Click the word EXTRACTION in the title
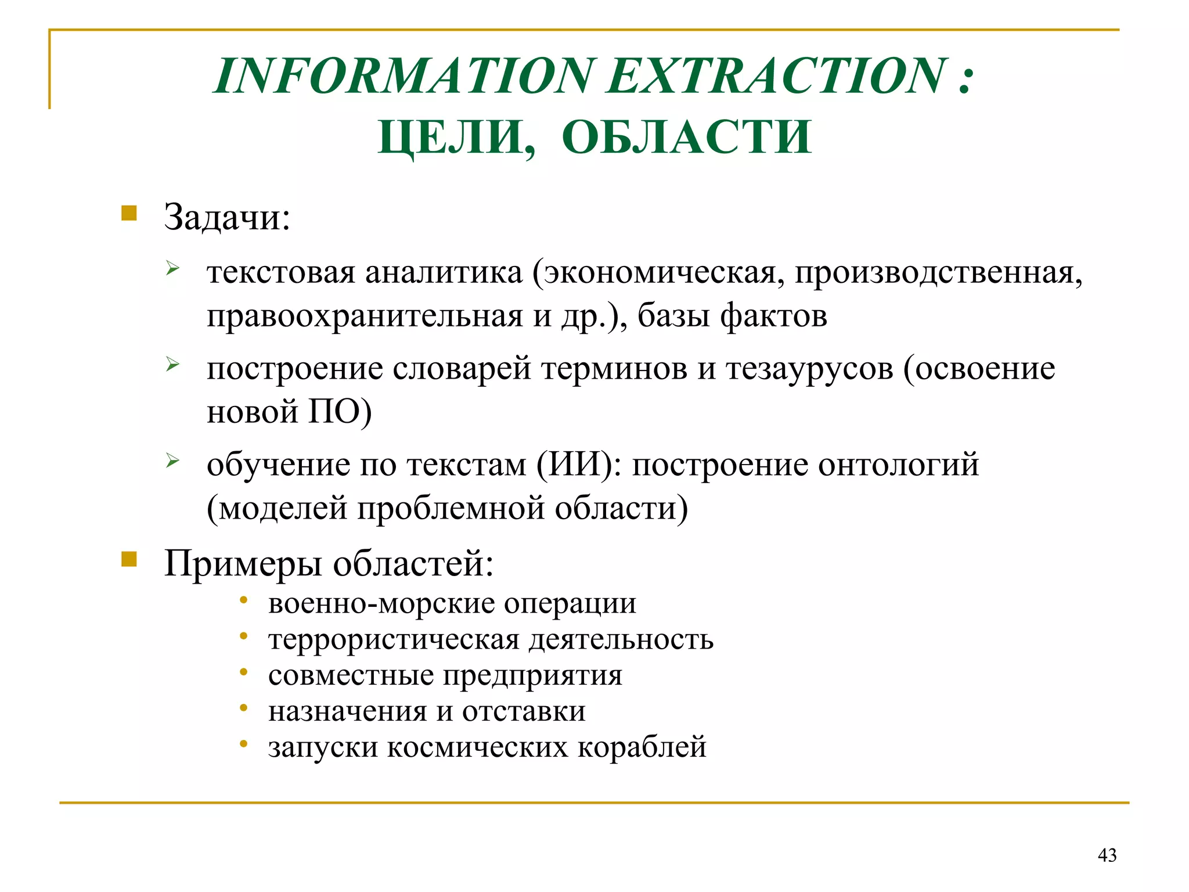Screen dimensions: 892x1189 point(777,76)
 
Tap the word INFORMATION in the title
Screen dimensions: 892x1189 point(405,76)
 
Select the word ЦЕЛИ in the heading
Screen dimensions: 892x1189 point(456,137)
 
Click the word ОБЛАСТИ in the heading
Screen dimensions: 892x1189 point(686,137)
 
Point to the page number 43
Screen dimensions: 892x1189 point(1107,855)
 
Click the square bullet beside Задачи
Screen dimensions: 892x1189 point(129,213)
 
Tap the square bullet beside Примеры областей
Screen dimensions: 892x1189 point(129,559)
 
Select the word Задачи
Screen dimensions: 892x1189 point(226,217)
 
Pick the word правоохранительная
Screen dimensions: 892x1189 point(365,316)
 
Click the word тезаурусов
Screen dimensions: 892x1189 point(809,368)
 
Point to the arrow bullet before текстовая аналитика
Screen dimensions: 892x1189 point(172,268)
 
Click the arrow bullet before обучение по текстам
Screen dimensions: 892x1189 point(172,461)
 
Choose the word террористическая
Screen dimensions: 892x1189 point(394,639)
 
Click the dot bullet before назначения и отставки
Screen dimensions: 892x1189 point(244,707)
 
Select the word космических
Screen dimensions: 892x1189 point(477,746)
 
